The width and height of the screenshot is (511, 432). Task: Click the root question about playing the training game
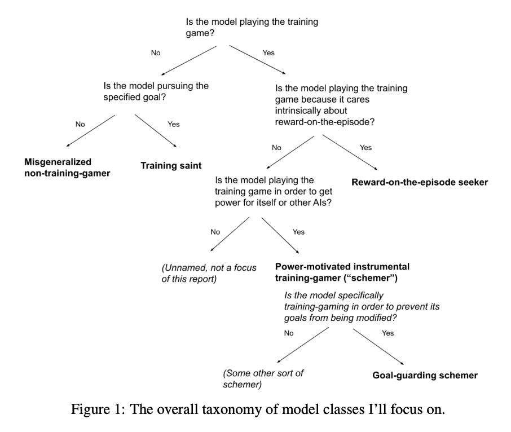252,28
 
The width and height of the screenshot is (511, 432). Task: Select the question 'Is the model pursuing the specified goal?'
156,91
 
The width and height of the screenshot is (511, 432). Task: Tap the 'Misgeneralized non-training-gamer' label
67,167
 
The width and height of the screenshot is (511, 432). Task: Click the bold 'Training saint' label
170,166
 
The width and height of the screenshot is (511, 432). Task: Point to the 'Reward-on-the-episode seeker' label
419,182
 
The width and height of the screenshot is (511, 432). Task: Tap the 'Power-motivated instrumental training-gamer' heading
342,271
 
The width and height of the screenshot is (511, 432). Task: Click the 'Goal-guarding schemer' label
425,375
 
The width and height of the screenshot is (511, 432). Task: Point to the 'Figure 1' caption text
258,409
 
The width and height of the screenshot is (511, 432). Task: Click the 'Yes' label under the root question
268,53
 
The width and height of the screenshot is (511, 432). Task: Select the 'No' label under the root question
156,53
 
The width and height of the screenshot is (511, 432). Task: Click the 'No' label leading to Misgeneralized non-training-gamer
80,124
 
